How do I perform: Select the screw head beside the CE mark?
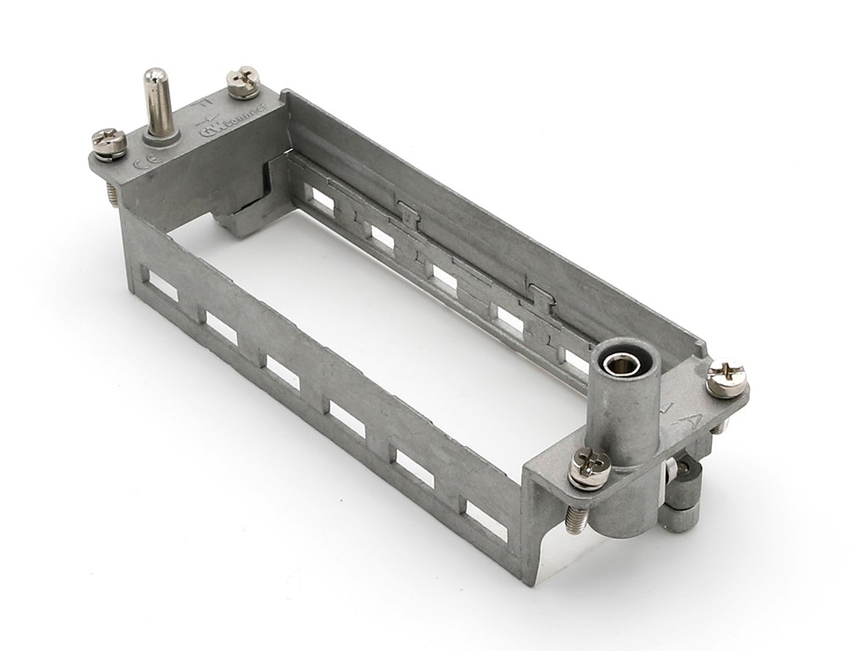108,142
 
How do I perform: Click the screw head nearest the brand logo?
243,81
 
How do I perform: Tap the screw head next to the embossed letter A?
726,378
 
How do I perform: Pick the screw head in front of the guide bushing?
590,467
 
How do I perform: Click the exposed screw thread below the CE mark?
113,194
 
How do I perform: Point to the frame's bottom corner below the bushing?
530,578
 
